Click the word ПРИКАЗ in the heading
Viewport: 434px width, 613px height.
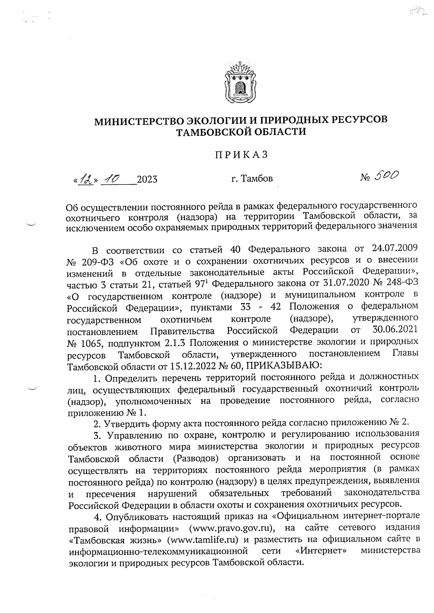pos(241,155)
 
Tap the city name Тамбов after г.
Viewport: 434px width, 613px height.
pos(257,178)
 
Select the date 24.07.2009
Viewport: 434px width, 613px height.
pos(395,248)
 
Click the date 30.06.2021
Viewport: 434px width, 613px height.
pos(395,330)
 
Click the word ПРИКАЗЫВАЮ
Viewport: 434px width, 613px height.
pos(278,366)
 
